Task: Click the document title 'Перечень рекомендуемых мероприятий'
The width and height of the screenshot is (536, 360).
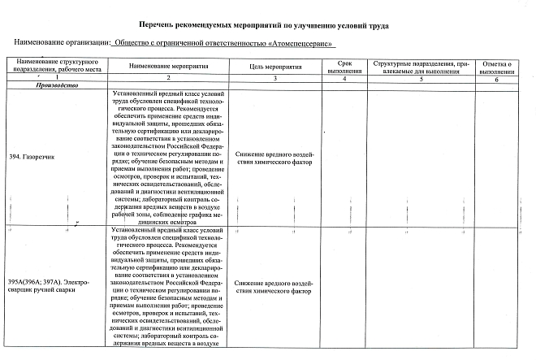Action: pyautogui.click(x=265, y=26)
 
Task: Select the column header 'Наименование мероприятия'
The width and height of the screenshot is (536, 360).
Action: pyautogui.click(x=169, y=65)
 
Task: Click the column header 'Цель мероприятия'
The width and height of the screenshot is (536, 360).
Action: pyautogui.click(x=276, y=65)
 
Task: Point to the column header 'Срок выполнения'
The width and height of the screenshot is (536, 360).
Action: pyautogui.click(x=344, y=65)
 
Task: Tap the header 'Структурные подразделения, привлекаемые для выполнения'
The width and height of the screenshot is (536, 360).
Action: pyautogui.click(x=421, y=65)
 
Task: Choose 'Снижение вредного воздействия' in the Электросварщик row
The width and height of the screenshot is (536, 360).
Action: pyautogui.click(x=276, y=286)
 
